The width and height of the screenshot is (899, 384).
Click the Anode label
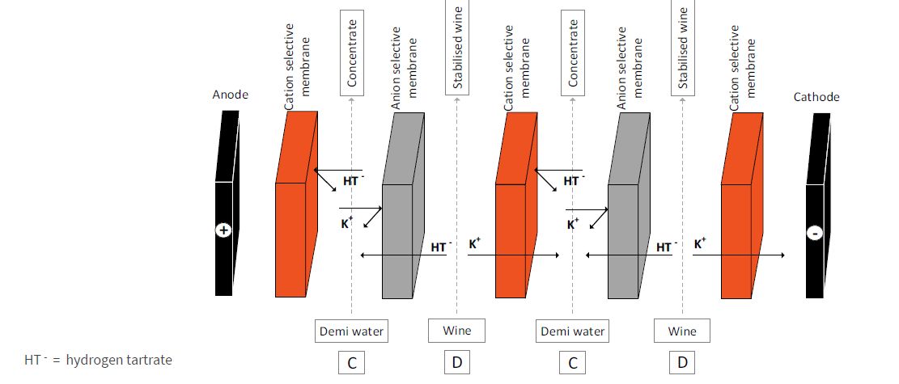pyautogui.click(x=231, y=95)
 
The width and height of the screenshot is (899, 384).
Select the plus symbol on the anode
pyautogui.click(x=224, y=230)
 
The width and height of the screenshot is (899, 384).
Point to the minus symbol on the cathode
pyautogui.click(x=816, y=234)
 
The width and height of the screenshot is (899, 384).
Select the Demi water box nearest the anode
pyautogui.click(x=351, y=331)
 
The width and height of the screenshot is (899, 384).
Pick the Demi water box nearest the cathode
pyautogui.click(x=571, y=331)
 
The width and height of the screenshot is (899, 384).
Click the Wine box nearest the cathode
pyautogui.click(x=681, y=331)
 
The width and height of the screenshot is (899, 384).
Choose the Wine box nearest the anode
pyautogui.click(x=457, y=331)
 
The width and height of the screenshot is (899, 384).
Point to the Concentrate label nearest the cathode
pyautogui.click(x=573, y=49)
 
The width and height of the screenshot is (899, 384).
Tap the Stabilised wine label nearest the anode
pyautogui.click(x=458, y=48)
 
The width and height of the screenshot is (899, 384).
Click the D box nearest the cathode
pyautogui.click(x=681, y=364)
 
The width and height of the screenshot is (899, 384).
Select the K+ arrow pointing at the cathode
pyautogui.click(x=740, y=255)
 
